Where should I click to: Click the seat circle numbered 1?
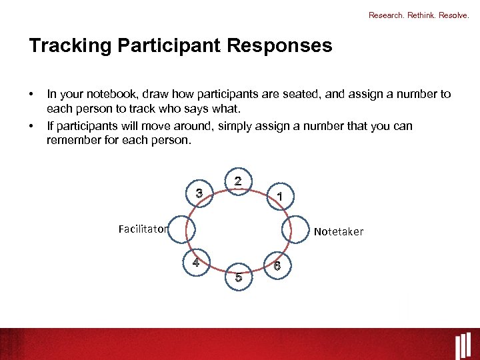click(x=281, y=197)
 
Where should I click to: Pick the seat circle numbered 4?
click(x=197, y=263)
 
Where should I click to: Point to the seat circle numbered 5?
click(x=239, y=276)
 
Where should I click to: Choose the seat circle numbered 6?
click(x=277, y=265)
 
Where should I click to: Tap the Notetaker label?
click(x=339, y=231)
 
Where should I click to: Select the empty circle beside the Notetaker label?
click(x=295, y=231)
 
